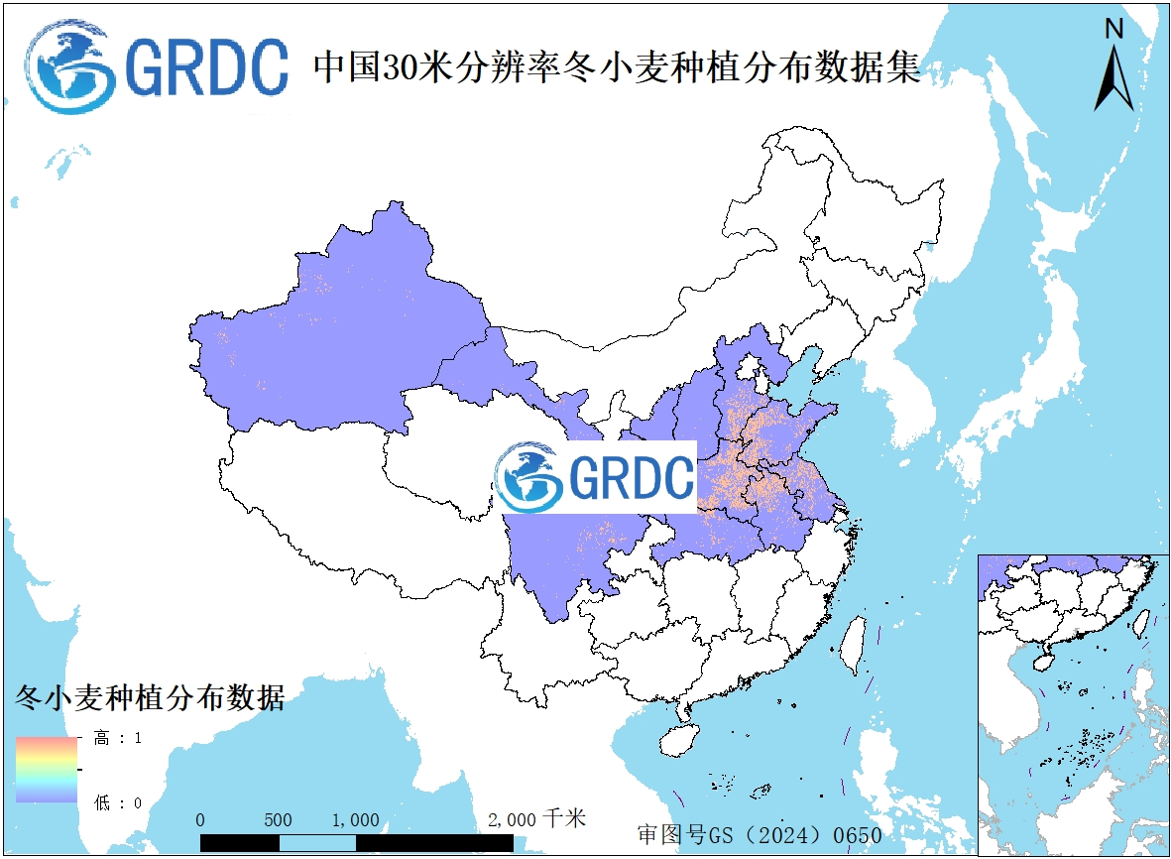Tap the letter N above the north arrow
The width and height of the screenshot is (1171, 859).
[1114, 29]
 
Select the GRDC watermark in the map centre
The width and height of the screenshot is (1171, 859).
[596, 478]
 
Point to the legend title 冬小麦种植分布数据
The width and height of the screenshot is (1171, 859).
[150, 697]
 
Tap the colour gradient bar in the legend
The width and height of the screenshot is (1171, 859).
[47, 770]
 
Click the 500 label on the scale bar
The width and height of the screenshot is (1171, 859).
[278, 820]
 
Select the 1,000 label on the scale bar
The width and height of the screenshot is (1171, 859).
[355, 820]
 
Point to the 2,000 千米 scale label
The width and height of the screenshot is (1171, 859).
[536, 819]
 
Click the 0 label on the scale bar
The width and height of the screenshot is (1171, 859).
[200, 820]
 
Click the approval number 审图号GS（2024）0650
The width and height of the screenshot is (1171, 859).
[759, 835]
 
